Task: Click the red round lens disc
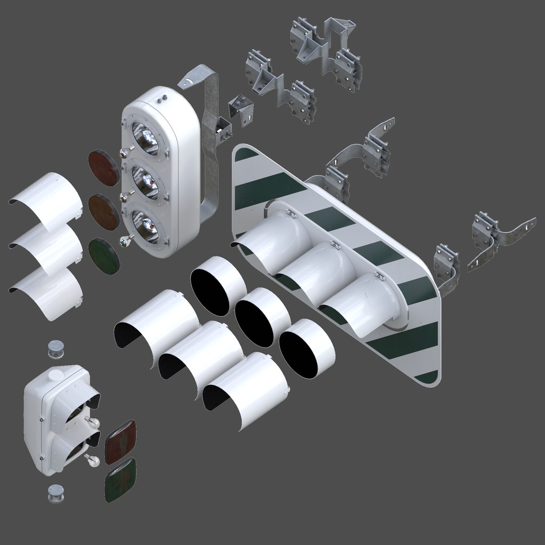point(103,167)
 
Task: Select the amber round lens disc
point(103,212)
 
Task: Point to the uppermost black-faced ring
point(218,285)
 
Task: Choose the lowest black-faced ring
point(306,348)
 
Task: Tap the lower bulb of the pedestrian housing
point(92,459)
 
